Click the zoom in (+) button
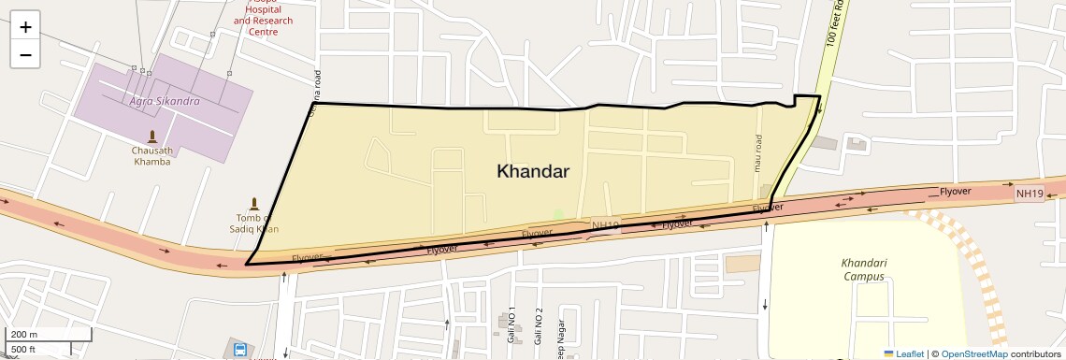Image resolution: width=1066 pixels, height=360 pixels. (25, 26)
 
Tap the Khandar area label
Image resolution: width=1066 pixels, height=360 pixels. (533, 171)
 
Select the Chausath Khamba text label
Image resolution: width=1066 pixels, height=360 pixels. (151, 155)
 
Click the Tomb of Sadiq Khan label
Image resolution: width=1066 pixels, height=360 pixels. (253, 223)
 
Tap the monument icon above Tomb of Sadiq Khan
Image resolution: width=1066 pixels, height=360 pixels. (253, 203)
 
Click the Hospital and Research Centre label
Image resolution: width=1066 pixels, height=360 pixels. (263, 21)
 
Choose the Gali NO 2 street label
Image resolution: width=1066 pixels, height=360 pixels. (539, 327)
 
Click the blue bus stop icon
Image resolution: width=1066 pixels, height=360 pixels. (240, 351)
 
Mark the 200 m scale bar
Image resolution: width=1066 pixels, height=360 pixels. (49, 335)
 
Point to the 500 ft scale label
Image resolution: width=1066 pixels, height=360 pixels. (23, 350)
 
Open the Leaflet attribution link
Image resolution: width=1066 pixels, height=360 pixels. (904, 353)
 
